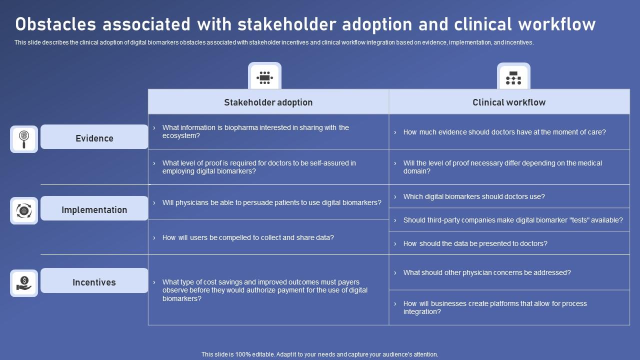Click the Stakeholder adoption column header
tap(268, 102)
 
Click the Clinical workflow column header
tap(509, 102)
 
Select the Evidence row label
tap(94, 138)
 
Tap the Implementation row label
tap(94, 209)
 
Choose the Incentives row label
tap(94, 282)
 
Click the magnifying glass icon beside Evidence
tap(24, 139)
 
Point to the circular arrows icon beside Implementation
tap(24, 210)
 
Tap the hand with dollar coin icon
tap(24, 283)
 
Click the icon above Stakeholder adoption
tap(264, 77)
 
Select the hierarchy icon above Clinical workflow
tap(513, 77)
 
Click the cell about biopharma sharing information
tap(268, 131)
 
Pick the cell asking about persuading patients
tap(268, 202)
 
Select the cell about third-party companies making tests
tap(509, 220)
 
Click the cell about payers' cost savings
tap(268, 290)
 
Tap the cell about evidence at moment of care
tap(509, 132)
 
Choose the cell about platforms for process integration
tap(509, 307)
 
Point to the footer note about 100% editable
tap(320, 354)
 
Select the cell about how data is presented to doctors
tap(509, 243)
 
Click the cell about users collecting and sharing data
tap(268, 237)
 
